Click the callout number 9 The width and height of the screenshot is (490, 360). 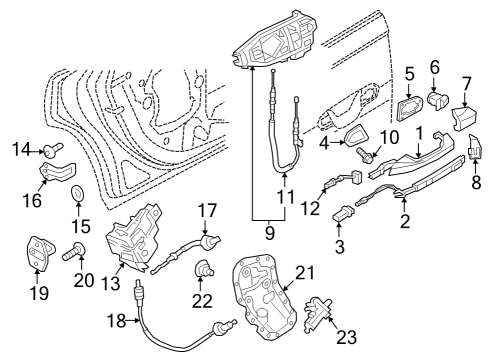[270, 232]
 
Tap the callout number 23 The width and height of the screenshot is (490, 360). [346, 336]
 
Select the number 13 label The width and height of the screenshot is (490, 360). [110, 283]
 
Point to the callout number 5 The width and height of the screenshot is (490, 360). [409, 74]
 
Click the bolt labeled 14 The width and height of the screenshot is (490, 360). [53, 150]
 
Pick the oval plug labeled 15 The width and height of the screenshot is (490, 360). [78, 194]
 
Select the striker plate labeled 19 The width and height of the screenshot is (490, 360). [40, 252]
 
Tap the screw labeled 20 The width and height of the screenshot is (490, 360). [74, 252]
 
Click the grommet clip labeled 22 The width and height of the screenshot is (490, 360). [202, 269]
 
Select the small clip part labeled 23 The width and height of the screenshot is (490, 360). [317, 314]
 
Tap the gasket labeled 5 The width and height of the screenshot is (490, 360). [410, 107]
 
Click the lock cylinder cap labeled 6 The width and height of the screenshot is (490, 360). [438, 99]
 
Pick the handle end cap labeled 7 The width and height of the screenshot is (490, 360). [464, 117]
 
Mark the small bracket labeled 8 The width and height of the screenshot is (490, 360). [475, 147]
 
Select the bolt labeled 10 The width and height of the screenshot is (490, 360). [366, 154]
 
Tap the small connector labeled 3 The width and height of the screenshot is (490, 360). [343, 212]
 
